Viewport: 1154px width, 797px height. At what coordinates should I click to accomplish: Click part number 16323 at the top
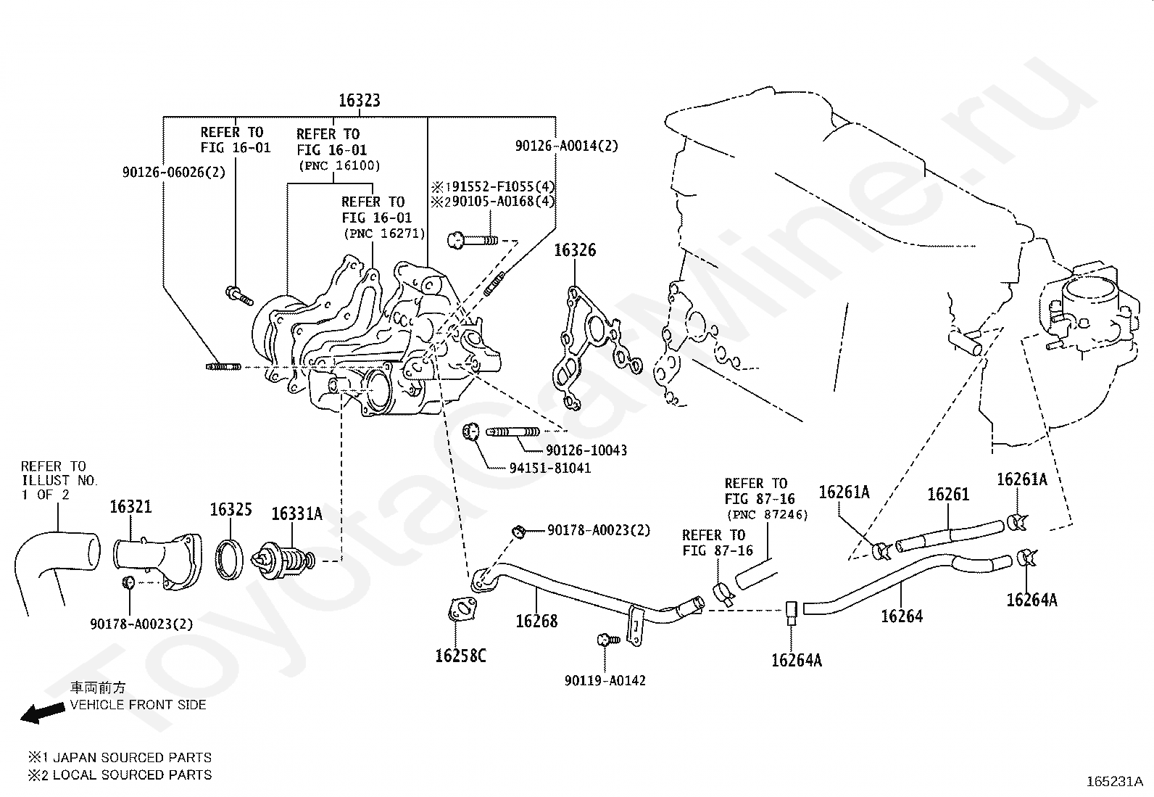[x=359, y=100]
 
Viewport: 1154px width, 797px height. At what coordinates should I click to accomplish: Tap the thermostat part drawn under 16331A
[x=283, y=559]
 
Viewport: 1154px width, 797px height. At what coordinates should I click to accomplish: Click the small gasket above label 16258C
[x=462, y=609]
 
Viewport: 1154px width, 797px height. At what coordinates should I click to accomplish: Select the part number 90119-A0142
[x=605, y=680]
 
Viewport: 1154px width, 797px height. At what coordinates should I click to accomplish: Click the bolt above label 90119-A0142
[x=608, y=640]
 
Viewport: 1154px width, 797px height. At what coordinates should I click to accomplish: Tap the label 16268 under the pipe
[x=536, y=621]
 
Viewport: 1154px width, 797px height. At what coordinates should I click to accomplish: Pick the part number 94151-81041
[x=549, y=468]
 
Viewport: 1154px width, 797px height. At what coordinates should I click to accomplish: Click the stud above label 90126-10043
[x=512, y=431]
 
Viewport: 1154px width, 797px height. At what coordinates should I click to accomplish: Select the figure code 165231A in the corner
[x=1114, y=782]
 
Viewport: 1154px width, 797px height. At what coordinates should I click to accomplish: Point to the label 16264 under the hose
[x=902, y=616]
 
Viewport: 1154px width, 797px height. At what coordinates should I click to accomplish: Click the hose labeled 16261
[x=950, y=536]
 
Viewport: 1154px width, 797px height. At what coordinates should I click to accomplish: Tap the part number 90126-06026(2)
[x=174, y=172]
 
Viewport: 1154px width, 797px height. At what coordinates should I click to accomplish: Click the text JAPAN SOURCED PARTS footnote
[x=133, y=757]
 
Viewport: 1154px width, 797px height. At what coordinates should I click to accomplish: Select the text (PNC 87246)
[x=767, y=514]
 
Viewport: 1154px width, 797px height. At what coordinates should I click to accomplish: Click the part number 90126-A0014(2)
[x=567, y=146]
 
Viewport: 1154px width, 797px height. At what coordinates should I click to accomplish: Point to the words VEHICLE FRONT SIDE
[x=138, y=705]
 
